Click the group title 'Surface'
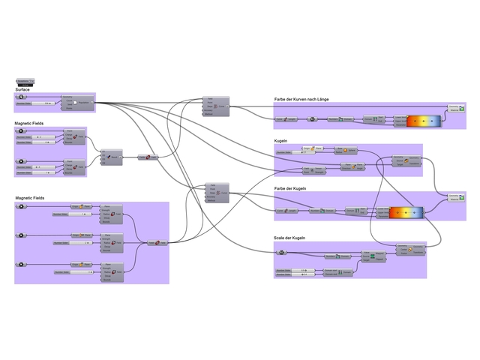(22, 89)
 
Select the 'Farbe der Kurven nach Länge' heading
(301, 99)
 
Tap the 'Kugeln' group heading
(282, 140)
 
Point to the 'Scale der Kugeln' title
(289, 238)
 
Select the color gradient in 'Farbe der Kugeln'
(406, 212)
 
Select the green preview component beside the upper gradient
(456, 110)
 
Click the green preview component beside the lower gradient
(456, 197)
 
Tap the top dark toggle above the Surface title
(25, 79)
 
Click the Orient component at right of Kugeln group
(409, 161)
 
